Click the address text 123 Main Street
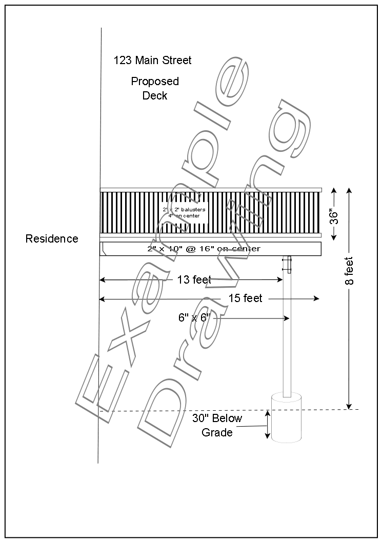152,61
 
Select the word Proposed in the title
155,82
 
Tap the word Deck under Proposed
155,95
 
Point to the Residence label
52,238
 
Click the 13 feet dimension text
194,279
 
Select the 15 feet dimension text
245,298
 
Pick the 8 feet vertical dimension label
349,271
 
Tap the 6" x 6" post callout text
195,318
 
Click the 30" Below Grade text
217,425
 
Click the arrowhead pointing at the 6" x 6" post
287,318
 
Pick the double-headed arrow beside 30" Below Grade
267,425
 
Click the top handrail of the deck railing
210,190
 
